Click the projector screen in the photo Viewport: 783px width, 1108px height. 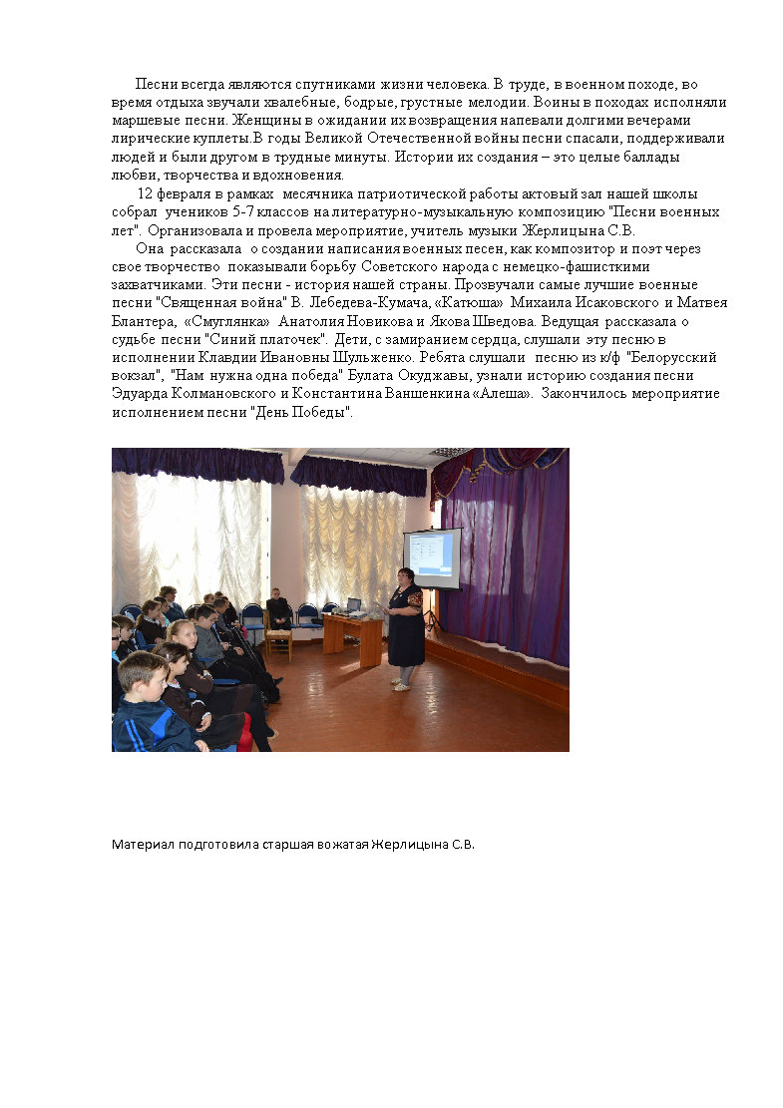point(432,558)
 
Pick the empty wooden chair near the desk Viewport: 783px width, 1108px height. point(279,640)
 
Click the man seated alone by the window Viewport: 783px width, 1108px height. point(278,608)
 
